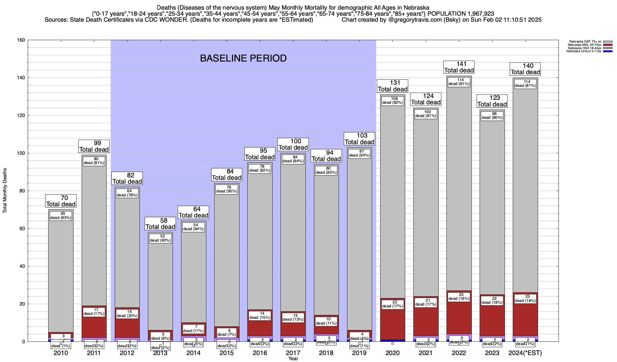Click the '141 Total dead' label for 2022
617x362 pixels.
tap(459, 67)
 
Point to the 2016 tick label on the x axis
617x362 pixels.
tap(260, 353)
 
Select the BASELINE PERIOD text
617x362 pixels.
tap(243, 58)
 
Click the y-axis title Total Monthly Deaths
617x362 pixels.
tap(5, 191)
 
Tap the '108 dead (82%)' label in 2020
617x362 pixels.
tap(393, 100)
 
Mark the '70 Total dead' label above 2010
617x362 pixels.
tap(61, 201)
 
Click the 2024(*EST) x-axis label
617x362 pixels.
tap(525, 353)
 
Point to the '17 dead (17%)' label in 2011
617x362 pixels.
tap(94, 312)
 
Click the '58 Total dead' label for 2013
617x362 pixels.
tap(160, 224)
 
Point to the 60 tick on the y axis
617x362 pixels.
tap(23, 229)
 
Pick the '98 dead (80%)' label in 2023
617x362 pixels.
tap(492, 116)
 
